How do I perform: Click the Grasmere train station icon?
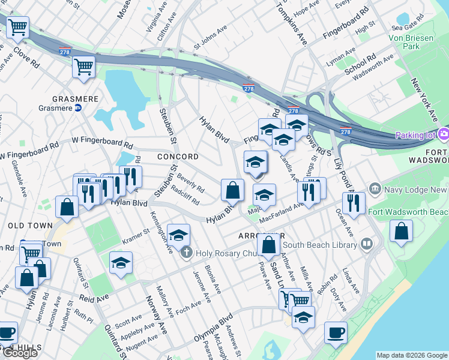tap(77, 109)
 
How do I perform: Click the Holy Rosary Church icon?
tap(186, 252)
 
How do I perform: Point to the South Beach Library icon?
tap(366, 244)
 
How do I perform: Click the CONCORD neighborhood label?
tap(178, 157)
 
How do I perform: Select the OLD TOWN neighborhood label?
tap(26, 225)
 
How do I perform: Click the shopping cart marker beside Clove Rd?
tap(18, 27)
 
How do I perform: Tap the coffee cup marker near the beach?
tap(336, 332)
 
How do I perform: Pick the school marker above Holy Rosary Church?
tap(178, 235)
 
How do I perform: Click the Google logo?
tap(20, 353)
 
